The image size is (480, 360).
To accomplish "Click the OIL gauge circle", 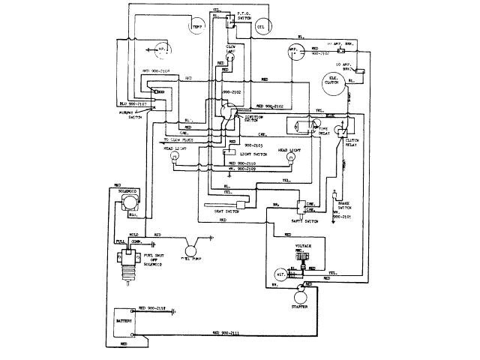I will click(x=261, y=27).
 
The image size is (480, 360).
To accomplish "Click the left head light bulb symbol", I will click(x=174, y=157).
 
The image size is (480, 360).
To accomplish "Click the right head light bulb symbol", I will click(x=294, y=157).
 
